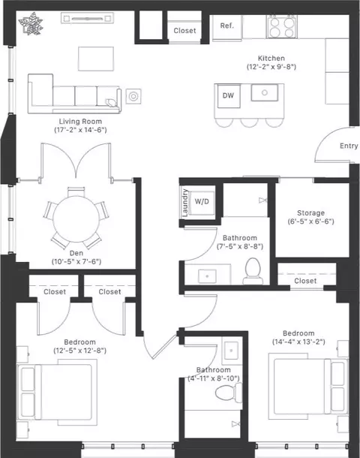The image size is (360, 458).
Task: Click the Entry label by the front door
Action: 349,146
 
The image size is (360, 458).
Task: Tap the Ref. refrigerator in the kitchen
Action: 227,27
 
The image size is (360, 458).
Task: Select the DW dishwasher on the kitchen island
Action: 229,96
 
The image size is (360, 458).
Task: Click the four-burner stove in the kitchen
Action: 281,27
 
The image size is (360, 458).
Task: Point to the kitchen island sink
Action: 265,92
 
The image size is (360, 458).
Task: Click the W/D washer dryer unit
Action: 202,201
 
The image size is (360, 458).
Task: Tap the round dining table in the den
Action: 76,219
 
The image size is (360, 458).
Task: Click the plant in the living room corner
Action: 31,23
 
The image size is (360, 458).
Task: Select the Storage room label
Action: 310,213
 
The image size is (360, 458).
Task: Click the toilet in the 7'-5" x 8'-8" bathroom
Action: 253,271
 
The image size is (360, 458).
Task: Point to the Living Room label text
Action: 80,122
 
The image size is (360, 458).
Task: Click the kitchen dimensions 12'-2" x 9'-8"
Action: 271,67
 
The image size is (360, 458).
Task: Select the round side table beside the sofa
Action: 133,96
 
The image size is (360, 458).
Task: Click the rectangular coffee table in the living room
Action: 96,59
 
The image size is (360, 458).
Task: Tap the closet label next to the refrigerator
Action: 184,31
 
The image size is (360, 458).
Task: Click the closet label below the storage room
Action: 305,281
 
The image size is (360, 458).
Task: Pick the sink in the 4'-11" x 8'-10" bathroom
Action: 232,350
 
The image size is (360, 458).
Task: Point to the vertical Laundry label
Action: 184,203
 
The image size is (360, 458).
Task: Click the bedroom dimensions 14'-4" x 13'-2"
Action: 298,342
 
